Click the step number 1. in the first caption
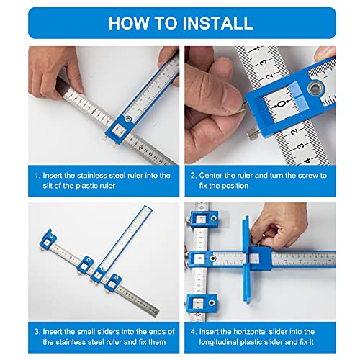coord(37,175)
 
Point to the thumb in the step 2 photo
coord(216,108)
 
